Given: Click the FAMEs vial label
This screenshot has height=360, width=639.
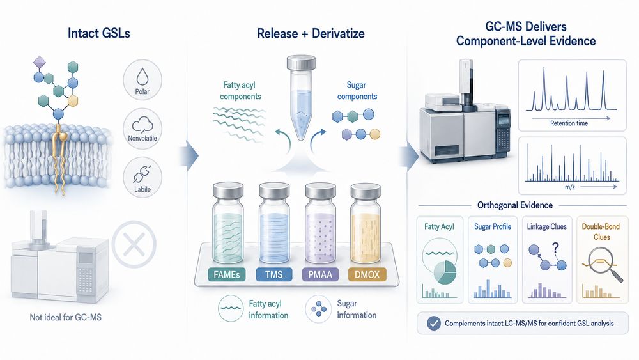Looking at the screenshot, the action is click(227, 274).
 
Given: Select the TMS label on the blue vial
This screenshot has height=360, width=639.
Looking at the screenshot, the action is click(274, 274).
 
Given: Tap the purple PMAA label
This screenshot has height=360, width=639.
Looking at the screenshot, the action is click(320, 274).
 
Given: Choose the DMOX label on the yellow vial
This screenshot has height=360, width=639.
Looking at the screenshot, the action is click(367, 274).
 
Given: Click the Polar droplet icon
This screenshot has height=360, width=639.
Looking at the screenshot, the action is click(142, 76).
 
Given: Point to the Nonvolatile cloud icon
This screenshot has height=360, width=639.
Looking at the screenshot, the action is click(142, 124).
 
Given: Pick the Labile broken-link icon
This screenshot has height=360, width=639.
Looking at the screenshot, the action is click(142, 174).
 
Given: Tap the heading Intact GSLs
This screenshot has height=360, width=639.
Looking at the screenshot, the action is click(99, 33).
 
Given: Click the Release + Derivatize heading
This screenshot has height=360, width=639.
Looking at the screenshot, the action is click(311, 33).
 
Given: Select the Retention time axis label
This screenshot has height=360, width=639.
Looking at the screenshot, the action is click(569, 123).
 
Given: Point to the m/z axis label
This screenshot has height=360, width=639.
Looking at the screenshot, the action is click(570, 187).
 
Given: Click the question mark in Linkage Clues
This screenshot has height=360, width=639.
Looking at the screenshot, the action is click(555, 247).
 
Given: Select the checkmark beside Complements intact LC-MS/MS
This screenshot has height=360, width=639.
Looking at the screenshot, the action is click(433, 324).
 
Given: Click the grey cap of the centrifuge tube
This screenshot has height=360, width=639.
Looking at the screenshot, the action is click(301, 63).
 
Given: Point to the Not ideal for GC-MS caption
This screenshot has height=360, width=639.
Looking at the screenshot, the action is click(66, 317).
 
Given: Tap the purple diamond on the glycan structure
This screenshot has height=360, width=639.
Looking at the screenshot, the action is click(40, 63).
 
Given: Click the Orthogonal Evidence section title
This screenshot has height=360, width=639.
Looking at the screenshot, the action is click(515, 205).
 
